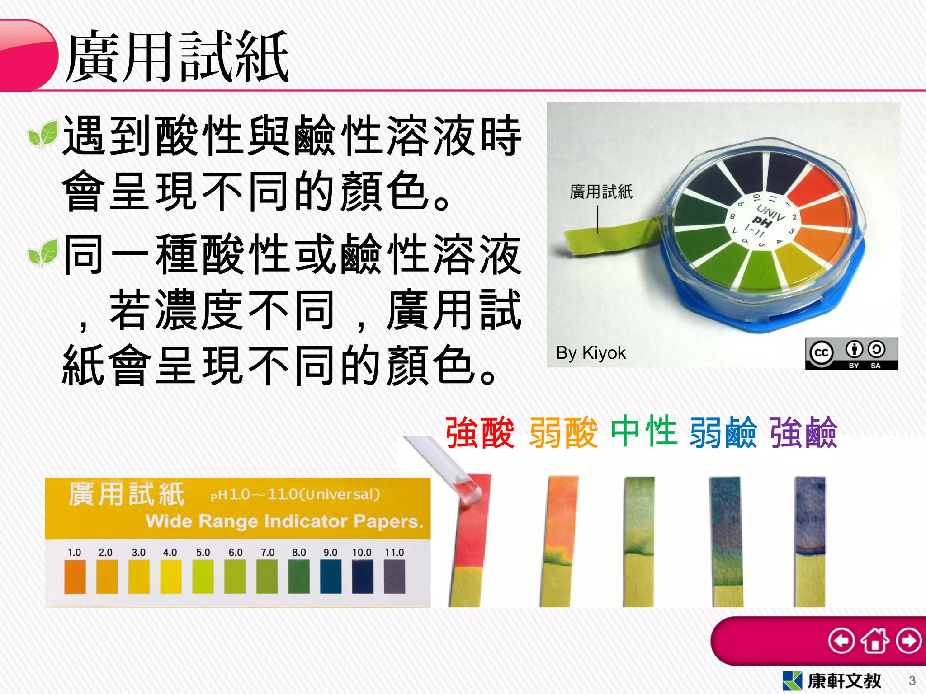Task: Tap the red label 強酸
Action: click(480, 432)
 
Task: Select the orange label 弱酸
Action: click(563, 432)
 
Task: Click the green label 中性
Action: click(644, 431)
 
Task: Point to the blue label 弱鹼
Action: click(723, 432)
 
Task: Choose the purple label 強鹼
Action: click(803, 432)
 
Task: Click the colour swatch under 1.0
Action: click(75, 577)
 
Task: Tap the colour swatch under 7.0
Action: click(267, 577)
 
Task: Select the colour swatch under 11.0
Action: click(394, 577)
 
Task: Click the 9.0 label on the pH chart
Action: click(331, 552)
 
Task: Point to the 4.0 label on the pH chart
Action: click(170, 552)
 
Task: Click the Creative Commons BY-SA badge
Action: click(851, 354)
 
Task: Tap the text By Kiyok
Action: click(591, 353)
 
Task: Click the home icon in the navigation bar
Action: click(875, 641)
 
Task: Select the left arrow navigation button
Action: click(841, 641)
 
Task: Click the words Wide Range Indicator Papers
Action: click(285, 521)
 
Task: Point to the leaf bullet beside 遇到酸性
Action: click(43, 134)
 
